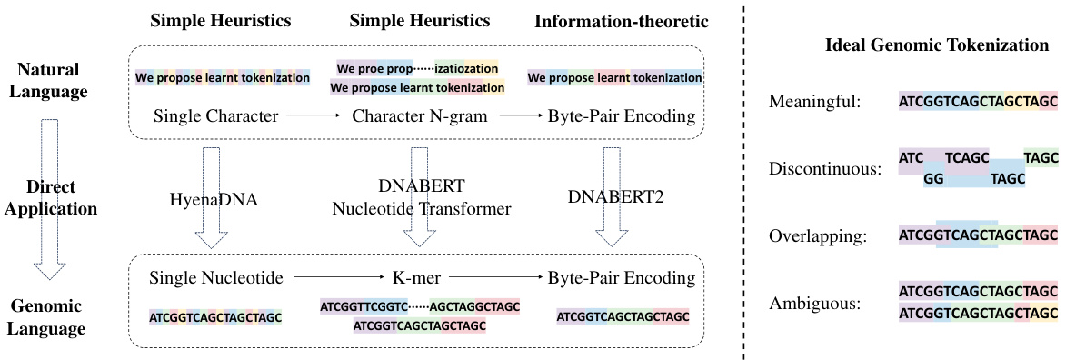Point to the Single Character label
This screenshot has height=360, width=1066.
pyautogui.click(x=215, y=115)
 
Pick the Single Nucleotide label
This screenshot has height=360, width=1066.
pyautogui.click(x=215, y=276)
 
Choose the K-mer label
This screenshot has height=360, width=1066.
pyautogui.click(x=416, y=276)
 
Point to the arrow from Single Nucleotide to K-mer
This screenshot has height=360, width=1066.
pyautogui.click(x=334, y=276)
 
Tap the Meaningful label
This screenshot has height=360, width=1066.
pyautogui.click(x=814, y=102)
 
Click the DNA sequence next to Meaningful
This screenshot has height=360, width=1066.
pyautogui.click(x=978, y=102)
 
